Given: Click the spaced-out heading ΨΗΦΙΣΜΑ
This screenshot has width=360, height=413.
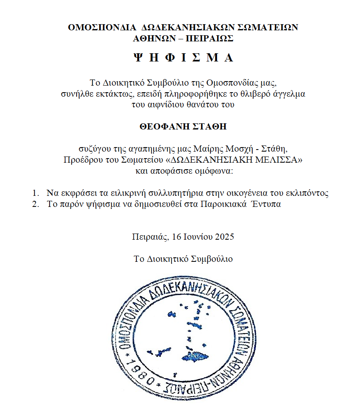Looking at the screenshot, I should coord(183,58).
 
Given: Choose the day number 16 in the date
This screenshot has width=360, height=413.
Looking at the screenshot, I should coord(177,237).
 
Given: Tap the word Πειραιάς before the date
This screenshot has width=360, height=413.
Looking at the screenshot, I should coord(150,237).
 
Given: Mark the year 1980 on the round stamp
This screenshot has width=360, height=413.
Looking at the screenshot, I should coord(140,371).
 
